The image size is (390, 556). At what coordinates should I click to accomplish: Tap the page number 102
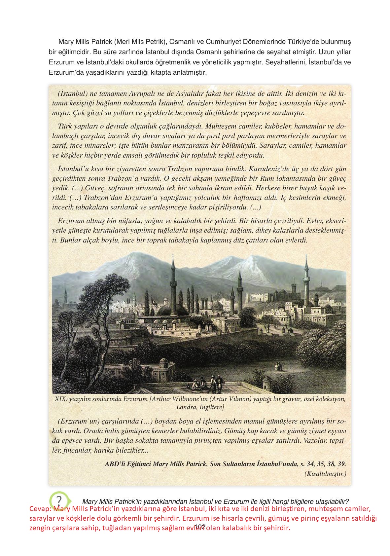point(200,527)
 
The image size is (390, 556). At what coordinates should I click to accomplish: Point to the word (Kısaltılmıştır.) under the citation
point(325,473)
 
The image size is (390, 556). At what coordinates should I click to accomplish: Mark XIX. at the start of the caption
point(61,399)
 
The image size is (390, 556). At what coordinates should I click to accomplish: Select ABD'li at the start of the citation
point(115,463)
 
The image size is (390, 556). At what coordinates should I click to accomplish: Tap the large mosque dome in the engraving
point(167,311)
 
